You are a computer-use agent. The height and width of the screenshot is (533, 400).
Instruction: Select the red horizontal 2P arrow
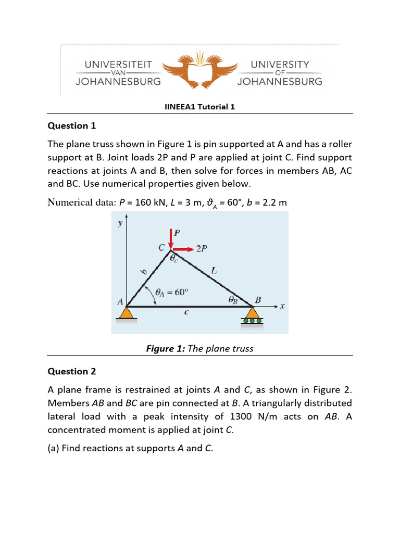click(183, 249)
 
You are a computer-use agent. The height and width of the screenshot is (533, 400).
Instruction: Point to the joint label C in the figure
click(162, 247)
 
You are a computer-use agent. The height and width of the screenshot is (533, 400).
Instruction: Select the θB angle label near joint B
click(233, 299)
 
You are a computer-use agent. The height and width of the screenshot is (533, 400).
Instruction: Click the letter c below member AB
click(186, 312)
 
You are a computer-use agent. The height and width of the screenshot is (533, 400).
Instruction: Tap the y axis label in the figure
click(120, 223)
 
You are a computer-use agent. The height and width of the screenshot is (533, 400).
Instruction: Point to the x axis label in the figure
click(282, 306)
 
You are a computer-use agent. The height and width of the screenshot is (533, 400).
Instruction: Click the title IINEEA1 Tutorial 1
click(200, 107)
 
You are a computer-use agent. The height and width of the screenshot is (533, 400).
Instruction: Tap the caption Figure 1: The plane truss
click(200, 348)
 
